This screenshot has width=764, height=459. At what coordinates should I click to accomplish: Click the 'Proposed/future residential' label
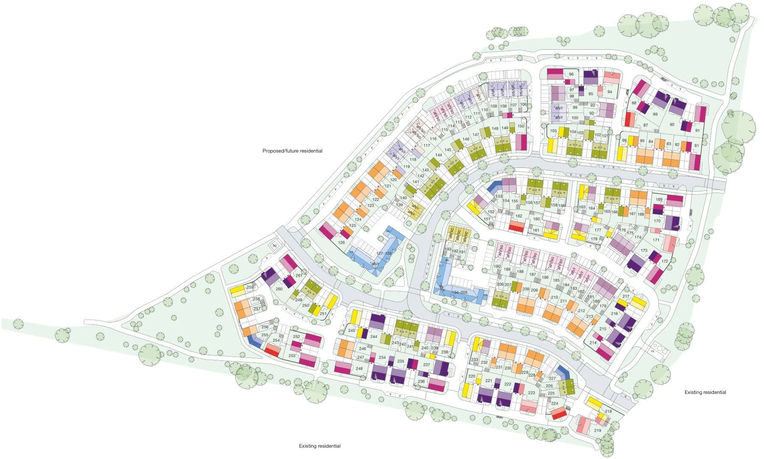[x=292, y=151]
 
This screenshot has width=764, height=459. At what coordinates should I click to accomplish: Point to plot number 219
[x=598, y=431]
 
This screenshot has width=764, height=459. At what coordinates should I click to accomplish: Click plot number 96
[x=571, y=74]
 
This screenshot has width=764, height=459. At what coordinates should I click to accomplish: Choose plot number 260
[x=279, y=289]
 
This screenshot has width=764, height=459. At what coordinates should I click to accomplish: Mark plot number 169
[x=659, y=199]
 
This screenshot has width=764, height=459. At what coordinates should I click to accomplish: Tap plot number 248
[x=360, y=368]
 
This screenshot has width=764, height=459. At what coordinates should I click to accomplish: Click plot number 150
[x=521, y=126]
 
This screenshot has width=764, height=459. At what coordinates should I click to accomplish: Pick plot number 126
[x=341, y=243]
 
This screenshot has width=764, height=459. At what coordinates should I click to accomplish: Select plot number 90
[x=671, y=124]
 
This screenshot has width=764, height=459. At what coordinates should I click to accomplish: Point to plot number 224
[x=555, y=403]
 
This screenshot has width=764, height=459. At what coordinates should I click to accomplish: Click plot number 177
[x=598, y=230]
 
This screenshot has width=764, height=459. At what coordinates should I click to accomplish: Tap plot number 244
[x=374, y=337]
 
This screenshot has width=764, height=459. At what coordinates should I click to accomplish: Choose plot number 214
[x=593, y=343]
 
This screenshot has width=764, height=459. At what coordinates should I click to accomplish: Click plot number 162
[x=519, y=216]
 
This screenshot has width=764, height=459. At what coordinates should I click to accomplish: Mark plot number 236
[x=421, y=382]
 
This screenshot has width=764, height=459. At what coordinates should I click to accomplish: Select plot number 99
[x=575, y=108]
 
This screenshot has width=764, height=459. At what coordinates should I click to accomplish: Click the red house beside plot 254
[x=272, y=350]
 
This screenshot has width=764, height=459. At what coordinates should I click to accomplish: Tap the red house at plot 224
[x=559, y=413]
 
